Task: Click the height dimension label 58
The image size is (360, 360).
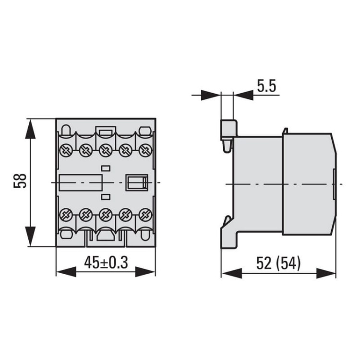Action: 20,183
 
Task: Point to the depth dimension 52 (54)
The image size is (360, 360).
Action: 278,263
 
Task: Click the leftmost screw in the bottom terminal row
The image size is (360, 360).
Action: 65,214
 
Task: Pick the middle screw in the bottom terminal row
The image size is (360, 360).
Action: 106,214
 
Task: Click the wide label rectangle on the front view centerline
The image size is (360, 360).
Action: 81,183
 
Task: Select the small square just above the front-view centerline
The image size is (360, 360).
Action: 106,168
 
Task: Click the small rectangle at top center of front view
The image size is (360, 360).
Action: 106,130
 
